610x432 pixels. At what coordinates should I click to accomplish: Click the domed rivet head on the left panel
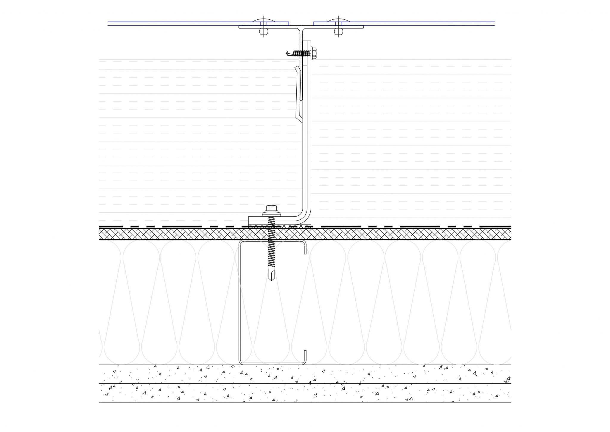264,21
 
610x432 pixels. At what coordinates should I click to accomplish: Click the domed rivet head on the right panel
338,21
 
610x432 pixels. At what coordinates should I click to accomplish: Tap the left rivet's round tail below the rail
264,31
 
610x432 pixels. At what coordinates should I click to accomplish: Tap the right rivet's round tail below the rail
338,31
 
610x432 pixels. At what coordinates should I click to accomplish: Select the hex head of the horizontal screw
314,53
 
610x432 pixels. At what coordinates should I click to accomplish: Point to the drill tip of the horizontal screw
288,53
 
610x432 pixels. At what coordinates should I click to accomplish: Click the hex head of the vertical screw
271,208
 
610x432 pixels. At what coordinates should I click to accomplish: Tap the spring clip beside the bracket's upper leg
298,92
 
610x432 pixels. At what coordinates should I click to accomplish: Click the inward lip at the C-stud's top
305,248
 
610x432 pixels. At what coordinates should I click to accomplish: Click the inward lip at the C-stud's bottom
305,357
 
